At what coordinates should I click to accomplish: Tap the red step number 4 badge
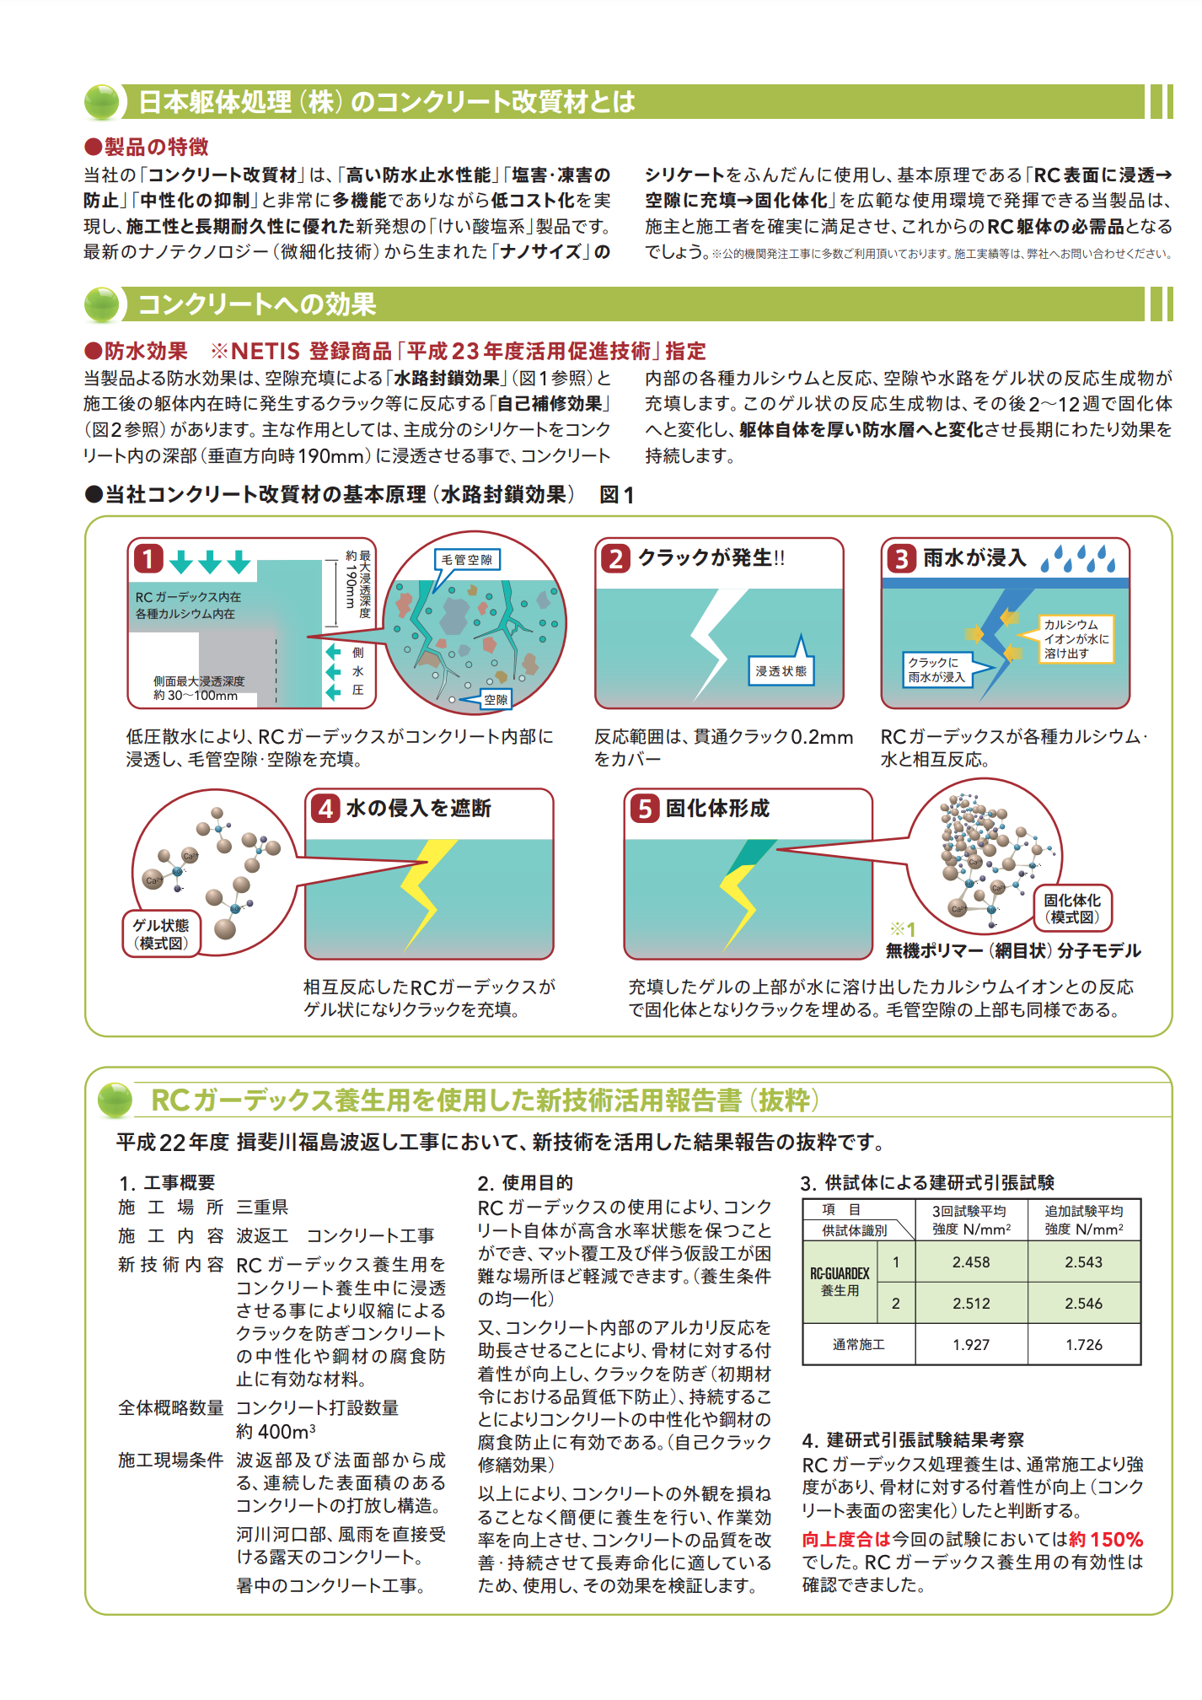325,809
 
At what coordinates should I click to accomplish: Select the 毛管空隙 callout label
467,560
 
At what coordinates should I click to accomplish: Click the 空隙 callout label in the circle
496,699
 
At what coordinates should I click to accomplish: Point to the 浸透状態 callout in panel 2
781,671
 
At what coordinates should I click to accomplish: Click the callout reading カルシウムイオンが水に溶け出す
1076,638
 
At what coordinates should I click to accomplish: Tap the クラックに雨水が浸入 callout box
936,670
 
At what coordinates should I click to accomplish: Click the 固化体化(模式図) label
1072,908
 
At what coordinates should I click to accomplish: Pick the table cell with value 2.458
971,1262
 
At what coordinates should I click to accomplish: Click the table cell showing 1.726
1083,1345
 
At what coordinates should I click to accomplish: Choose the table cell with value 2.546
1083,1304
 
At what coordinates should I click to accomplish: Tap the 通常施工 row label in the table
858,1345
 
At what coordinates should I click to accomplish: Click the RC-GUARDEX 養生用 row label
840,1282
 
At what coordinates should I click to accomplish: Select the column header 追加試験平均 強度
1083,1220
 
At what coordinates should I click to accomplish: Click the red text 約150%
1105,1540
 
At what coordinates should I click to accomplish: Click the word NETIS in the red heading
266,352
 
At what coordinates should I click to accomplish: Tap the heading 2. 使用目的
524,1182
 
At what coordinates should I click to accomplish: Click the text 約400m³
276,1431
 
